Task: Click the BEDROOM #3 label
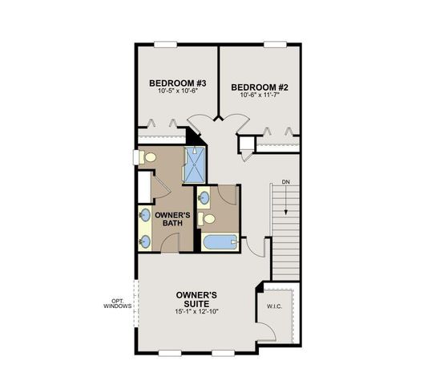[x=178, y=83]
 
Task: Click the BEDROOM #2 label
[x=260, y=86]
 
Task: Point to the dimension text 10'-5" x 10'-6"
[x=178, y=91]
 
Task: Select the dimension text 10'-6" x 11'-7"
[x=260, y=95]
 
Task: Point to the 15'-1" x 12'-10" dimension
[x=197, y=311]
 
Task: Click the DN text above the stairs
[x=286, y=183]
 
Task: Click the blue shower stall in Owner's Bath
[x=195, y=164]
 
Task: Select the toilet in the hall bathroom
[x=209, y=217]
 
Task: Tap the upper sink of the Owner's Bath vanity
[x=145, y=215]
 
